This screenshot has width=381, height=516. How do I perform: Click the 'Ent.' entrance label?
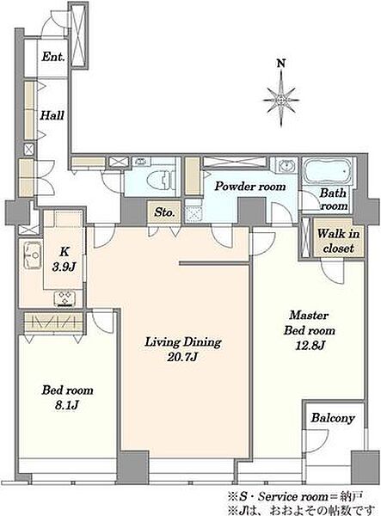(x=52, y=57)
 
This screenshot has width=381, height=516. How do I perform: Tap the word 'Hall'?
(x=52, y=115)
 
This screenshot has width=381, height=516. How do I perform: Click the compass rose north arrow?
(x=281, y=98)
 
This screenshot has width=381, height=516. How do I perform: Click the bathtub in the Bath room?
(x=327, y=171)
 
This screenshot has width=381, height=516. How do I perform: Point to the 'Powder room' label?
(x=250, y=187)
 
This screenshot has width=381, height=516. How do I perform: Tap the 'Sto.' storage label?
(x=164, y=212)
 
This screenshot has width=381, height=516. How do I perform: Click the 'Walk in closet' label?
(x=338, y=241)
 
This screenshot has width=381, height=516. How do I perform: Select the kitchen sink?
(x=32, y=255)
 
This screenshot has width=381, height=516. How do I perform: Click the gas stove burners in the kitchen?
(x=65, y=298)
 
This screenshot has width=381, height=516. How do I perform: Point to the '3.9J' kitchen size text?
(x=64, y=267)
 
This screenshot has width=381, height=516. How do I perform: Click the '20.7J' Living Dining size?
(x=182, y=357)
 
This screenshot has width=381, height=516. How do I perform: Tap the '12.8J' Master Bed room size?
(x=310, y=346)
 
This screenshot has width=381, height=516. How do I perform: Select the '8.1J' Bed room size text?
(x=66, y=405)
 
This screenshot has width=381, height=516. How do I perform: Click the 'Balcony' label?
(x=333, y=418)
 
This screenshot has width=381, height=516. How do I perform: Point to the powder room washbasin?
(x=285, y=164)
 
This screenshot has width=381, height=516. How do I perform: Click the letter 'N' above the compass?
(x=280, y=63)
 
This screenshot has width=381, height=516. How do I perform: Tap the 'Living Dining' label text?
(x=183, y=342)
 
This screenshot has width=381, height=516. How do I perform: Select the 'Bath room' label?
(x=334, y=200)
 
